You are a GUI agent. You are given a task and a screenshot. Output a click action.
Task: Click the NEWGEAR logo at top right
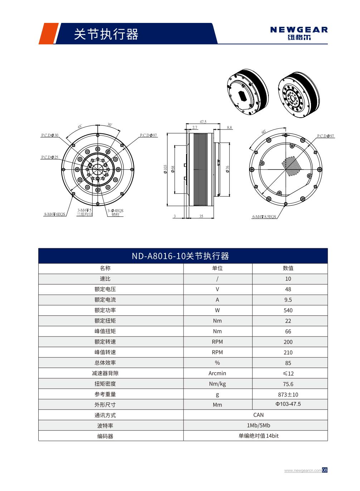coord(299,33)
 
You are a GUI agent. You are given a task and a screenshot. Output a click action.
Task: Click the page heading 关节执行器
coord(106,34)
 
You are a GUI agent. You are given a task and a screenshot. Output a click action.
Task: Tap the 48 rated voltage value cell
coord(288,289)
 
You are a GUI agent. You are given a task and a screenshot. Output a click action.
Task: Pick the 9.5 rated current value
coord(288,300)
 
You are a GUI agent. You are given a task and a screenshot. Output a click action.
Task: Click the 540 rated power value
coord(288,310)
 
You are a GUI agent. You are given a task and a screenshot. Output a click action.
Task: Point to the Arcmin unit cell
coord(217,373)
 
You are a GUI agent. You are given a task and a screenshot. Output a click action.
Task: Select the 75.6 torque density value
coord(288,384)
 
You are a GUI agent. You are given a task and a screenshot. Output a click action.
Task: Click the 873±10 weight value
coord(288,394)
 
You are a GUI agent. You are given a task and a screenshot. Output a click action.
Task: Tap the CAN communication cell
coord(258,415)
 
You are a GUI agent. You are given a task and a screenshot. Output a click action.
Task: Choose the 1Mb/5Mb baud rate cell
coord(258,426)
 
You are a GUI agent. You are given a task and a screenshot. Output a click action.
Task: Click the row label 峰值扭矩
coord(105,331)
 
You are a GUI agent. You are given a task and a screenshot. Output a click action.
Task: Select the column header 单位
coord(217,268)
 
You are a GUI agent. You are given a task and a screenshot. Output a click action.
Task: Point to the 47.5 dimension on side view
coord(203,122)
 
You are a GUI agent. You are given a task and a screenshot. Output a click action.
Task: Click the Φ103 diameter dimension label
coord(165,169)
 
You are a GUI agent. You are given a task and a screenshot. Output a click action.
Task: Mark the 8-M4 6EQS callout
coord(55,214)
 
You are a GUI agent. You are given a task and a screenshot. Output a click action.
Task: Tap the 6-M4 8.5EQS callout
coord(264,217)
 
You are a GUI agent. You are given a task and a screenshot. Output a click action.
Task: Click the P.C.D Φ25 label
coord(49,157)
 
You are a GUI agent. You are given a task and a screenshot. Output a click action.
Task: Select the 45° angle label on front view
coord(79,127)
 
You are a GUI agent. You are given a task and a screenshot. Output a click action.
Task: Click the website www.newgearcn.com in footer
coord(302,470)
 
